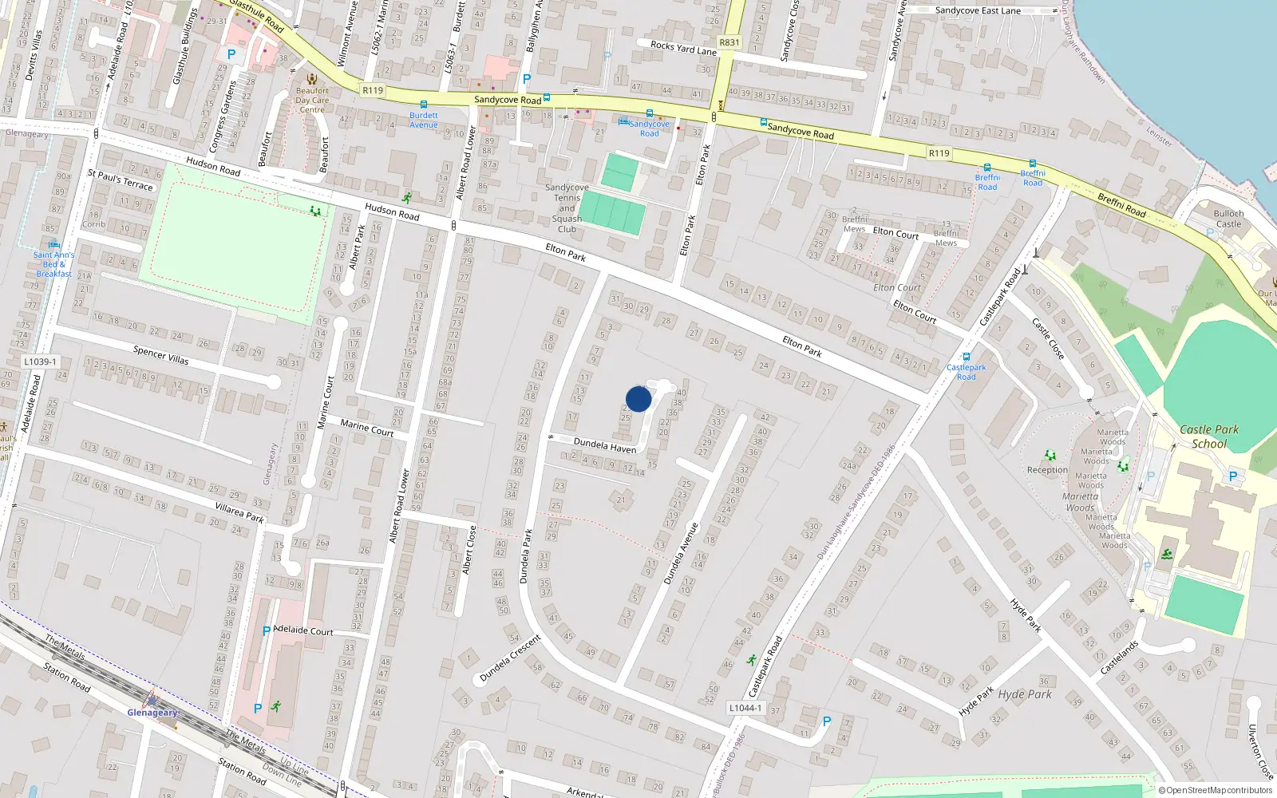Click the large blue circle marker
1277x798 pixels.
click(x=638, y=399)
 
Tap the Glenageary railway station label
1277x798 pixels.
click(x=152, y=713)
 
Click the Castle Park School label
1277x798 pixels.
click(x=1209, y=437)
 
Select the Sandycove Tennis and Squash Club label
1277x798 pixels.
click(x=567, y=208)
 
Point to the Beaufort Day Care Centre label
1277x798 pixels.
click(x=312, y=100)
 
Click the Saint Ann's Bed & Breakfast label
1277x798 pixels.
click(x=53, y=264)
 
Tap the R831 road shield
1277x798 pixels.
click(x=729, y=42)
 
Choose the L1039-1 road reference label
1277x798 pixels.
click(x=40, y=361)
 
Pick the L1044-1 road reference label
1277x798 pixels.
click(x=745, y=708)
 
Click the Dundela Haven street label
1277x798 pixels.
click(x=605, y=445)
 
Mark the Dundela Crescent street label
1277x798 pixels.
click(x=510, y=658)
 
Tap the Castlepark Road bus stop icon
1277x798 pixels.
click(x=967, y=357)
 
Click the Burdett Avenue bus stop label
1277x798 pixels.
click(x=424, y=120)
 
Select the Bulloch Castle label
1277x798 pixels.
click(x=1228, y=219)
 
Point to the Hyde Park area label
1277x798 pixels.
click(x=1025, y=694)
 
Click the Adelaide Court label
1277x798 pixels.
click(x=303, y=630)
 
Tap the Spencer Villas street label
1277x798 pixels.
click(x=161, y=354)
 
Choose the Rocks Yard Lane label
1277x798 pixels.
click(x=683, y=48)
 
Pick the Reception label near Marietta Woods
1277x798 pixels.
click(x=1047, y=470)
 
